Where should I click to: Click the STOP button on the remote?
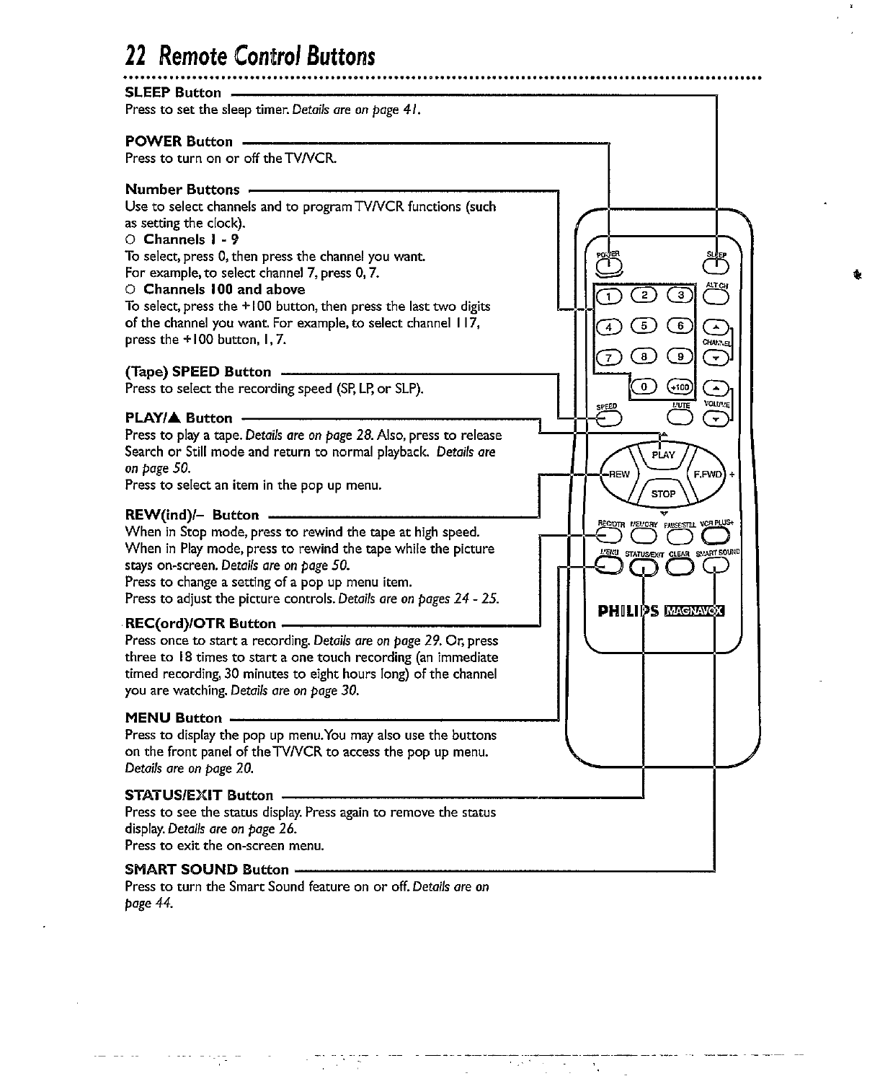663,494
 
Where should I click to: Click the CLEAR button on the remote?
680,568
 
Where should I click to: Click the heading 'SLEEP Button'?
173,92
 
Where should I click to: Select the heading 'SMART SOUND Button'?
207,869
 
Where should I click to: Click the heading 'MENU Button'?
174,718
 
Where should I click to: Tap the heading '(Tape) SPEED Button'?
198,372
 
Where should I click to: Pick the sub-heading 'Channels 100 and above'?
224,289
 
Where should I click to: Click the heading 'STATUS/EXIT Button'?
199,795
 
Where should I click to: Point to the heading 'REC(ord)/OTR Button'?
200,623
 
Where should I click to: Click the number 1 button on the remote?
606,295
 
